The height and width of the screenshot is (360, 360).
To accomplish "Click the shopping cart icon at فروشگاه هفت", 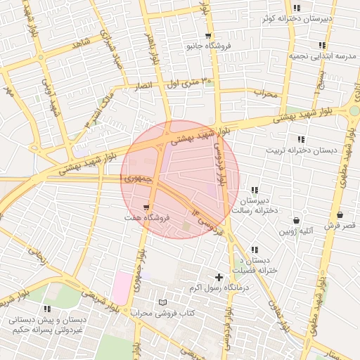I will (146, 207).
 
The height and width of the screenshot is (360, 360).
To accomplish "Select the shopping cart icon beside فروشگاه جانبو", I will (208, 35).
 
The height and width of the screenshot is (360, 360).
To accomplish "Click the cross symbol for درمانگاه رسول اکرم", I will (219, 278).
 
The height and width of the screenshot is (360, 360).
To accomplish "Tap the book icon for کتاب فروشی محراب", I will (163, 302).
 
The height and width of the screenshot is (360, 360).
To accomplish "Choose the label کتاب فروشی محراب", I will (162, 312).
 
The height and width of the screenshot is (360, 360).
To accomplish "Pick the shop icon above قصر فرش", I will (340, 214).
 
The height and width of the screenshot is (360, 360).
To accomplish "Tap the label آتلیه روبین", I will (296, 231).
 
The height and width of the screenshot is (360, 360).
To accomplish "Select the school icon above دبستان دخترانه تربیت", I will (301, 139).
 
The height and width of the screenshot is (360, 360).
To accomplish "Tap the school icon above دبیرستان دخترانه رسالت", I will (254, 190).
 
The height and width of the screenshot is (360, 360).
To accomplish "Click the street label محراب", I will (266, 92).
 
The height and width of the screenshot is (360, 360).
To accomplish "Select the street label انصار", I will (142, 85).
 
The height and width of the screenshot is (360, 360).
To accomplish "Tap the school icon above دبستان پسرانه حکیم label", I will (47, 309).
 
